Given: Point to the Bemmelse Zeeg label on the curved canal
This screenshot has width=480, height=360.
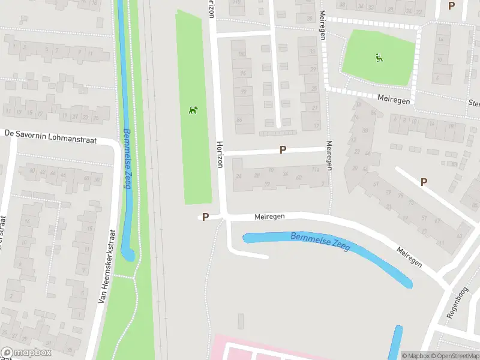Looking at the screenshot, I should [320, 241].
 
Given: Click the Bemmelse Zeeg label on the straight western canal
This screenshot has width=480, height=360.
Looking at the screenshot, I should [127, 158].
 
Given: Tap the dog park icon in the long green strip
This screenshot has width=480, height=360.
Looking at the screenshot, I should [193, 110].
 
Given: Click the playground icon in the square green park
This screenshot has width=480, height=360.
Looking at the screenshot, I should [379, 58].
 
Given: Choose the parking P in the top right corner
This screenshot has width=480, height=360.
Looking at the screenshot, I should [452, 6].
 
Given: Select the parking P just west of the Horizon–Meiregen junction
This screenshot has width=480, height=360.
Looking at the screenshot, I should [205, 217].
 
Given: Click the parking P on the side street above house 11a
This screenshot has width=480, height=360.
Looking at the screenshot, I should [283, 149].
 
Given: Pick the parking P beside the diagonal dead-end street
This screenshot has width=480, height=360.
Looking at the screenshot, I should [424, 182].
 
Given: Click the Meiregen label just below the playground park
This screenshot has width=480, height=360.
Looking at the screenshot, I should [394, 99].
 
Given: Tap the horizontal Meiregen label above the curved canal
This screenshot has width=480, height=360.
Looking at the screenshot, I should [269, 216].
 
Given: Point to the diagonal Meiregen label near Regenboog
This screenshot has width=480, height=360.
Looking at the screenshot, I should [410, 256].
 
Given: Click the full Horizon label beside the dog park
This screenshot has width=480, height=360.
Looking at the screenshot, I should [220, 155].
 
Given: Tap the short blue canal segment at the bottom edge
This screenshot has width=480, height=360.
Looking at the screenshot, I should [397, 342].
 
